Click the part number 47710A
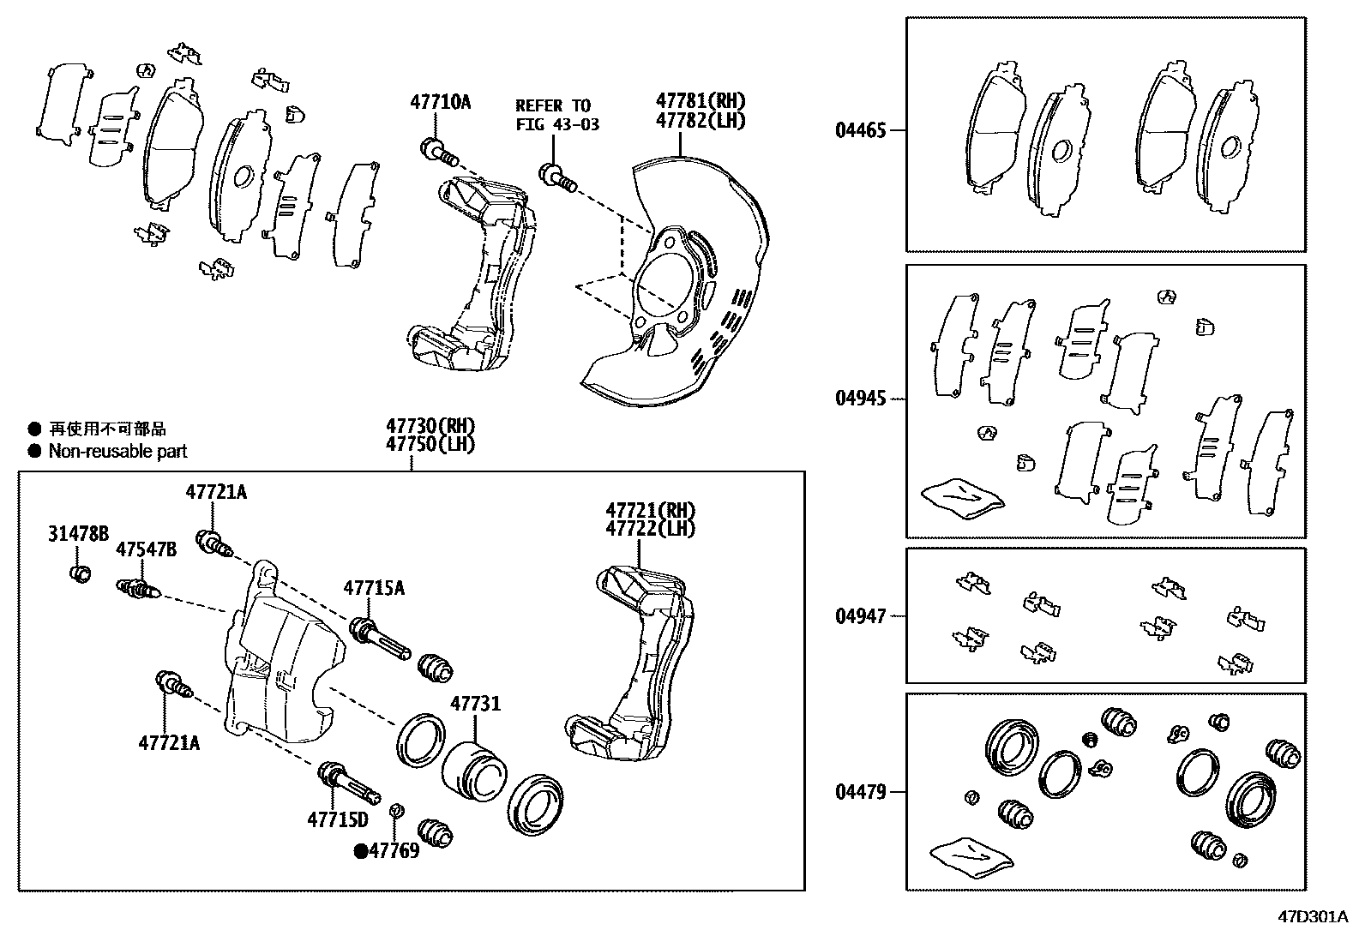[x=440, y=103]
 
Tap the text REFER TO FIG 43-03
[x=556, y=115]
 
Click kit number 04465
[x=860, y=131]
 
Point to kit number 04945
[x=860, y=399]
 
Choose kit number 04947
[x=860, y=616]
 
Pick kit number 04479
[x=860, y=792]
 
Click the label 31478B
[x=77, y=535]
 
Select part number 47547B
[x=146, y=549]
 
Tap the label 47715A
[x=374, y=588]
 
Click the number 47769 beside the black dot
[x=394, y=851]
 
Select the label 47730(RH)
[x=430, y=426]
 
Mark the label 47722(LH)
[x=650, y=529]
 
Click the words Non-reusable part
[x=117, y=452]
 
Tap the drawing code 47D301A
[x=1314, y=916]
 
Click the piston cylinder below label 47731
[x=473, y=769]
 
